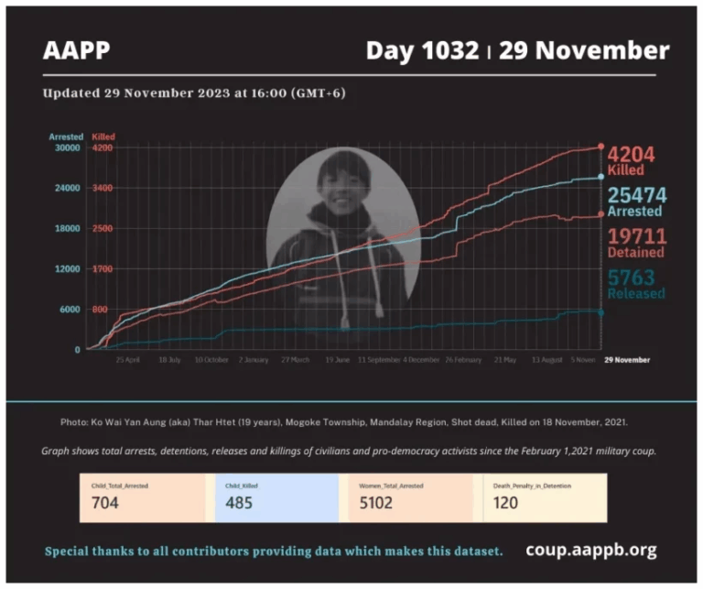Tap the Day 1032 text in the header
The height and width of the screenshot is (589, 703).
pos(422,50)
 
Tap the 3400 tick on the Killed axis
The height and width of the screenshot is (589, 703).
pos(102,188)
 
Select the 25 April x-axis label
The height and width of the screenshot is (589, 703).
pos(126,360)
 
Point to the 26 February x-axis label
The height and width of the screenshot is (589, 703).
pos(462,360)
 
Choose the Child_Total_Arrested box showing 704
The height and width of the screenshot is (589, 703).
pos(143,497)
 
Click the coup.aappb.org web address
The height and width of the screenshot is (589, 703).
pos(590,551)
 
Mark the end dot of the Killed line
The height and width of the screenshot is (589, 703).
pos(600,147)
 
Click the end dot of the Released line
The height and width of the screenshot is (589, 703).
pos(600,312)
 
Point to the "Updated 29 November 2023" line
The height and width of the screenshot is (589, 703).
pos(194,93)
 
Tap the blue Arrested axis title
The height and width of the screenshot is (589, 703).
pos(66,136)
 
